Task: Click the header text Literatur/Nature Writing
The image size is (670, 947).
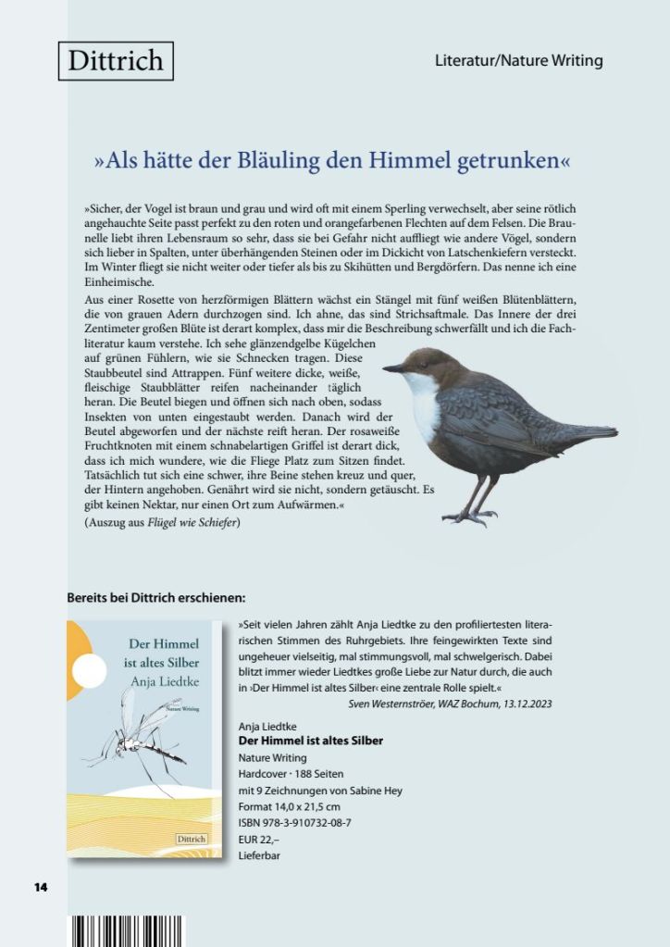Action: (518, 61)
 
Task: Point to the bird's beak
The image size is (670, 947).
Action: (392, 368)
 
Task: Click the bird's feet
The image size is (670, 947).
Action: (472, 515)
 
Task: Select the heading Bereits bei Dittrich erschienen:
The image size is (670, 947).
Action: (155, 597)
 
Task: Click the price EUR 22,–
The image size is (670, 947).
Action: (261, 839)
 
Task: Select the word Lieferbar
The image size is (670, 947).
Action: (259, 855)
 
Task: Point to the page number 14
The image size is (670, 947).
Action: (41, 887)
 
